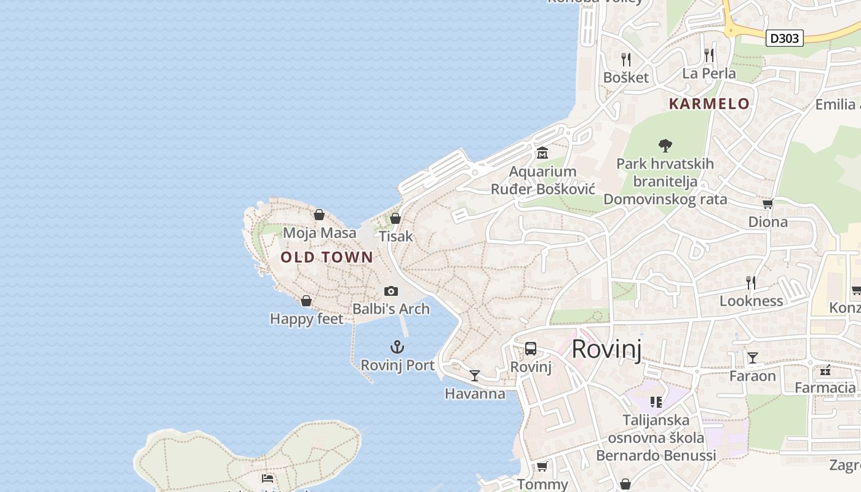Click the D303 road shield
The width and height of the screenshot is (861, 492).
click(785, 38)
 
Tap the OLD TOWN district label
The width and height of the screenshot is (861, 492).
click(327, 257)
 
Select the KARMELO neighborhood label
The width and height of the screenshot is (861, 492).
click(709, 103)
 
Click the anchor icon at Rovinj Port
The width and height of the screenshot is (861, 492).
click(397, 347)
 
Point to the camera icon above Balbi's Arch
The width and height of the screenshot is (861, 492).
click(391, 291)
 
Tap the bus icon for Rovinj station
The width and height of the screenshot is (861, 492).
click(531, 349)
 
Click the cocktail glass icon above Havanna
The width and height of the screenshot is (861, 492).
click(475, 375)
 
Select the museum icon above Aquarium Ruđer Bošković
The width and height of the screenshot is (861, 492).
click(542, 153)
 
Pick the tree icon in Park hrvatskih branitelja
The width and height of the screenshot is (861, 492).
click(665, 146)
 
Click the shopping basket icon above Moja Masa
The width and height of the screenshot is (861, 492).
click(319, 215)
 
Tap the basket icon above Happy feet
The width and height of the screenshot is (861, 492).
click(306, 301)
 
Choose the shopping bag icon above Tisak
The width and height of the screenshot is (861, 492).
click(395, 218)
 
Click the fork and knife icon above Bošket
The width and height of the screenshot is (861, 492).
click(626, 59)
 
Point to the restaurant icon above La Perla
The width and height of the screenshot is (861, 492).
click(709, 55)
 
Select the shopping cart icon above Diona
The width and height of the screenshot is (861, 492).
click(768, 204)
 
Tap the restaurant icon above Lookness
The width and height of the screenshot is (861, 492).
click(751, 282)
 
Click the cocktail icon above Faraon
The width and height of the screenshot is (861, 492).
click(753, 357)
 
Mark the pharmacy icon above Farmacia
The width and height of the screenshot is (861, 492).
click(825, 370)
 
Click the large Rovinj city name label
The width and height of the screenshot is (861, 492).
click(606, 349)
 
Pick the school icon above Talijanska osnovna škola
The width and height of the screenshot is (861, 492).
click(656, 402)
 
